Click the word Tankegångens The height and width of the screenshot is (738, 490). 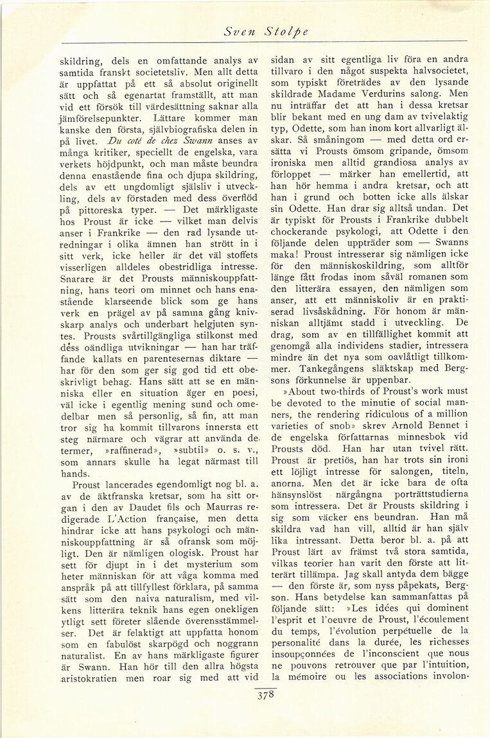pyautogui.click(x=327, y=367)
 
